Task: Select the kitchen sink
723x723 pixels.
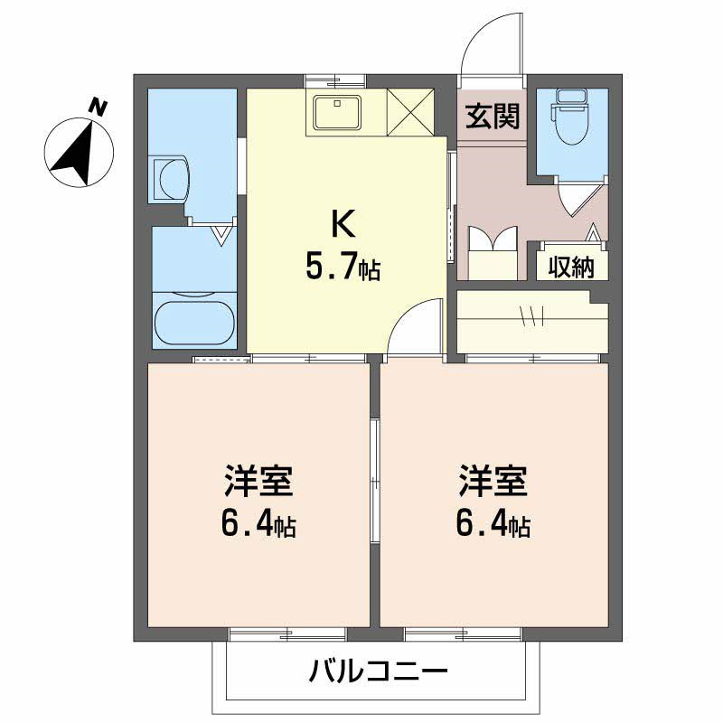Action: [x=337, y=112]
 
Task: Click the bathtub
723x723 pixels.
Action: [x=194, y=322]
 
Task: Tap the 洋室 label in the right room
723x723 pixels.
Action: [x=492, y=482]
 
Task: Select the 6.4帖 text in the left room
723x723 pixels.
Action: [x=259, y=524]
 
